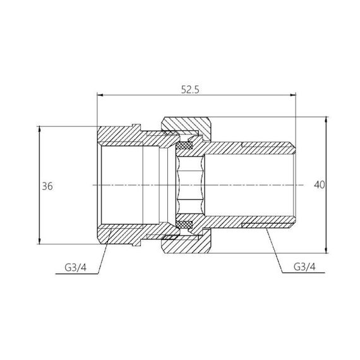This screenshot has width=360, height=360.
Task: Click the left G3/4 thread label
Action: click(75, 267)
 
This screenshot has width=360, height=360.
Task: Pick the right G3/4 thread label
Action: click(306, 267)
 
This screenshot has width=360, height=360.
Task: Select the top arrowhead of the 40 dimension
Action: click(327, 120)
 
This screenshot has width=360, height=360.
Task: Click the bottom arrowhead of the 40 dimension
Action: click(327, 251)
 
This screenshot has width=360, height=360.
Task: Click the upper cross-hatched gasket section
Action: click(185, 147)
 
